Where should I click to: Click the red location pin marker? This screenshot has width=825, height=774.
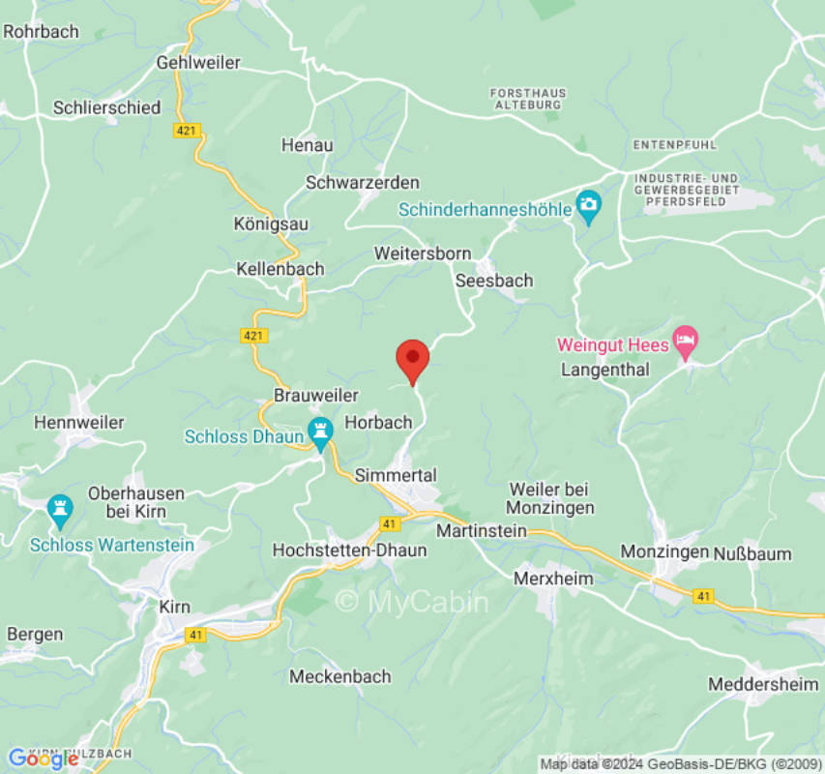click(x=413, y=360)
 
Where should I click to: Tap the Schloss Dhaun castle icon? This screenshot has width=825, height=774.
click(x=319, y=428)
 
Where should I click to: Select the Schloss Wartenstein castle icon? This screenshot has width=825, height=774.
click(x=60, y=509)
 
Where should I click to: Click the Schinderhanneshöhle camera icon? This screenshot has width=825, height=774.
click(x=588, y=205)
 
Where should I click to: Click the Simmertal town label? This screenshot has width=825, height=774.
click(x=396, y=475)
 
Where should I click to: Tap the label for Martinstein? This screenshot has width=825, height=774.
click(x=482, y=531)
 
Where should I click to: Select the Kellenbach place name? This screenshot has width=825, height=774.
click(x=280, y=269)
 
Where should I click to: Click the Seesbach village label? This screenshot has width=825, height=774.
click(x=493, y=281)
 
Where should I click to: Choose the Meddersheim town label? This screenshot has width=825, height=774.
click(x=764, y=684)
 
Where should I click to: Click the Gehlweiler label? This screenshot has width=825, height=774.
click(x=198, y=62)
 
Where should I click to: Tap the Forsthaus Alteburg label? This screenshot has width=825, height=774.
click(x=528, y=99)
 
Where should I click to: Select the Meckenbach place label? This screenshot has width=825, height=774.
click(x=340, y=676)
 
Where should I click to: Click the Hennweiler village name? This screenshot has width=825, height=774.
click(x=79, y=423)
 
